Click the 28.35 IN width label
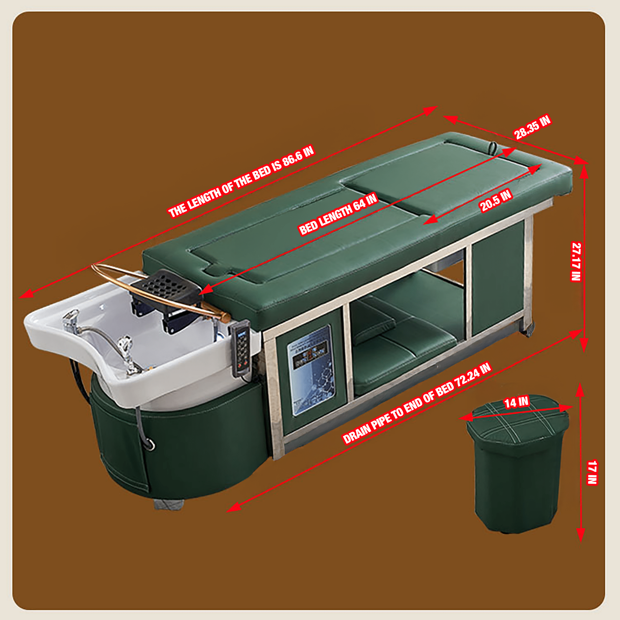click(x=533, y=127)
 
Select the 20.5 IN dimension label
click(x=496, y=201)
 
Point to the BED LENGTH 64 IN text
click(x=338, y=214)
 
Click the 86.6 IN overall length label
click(x=241, y=182)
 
